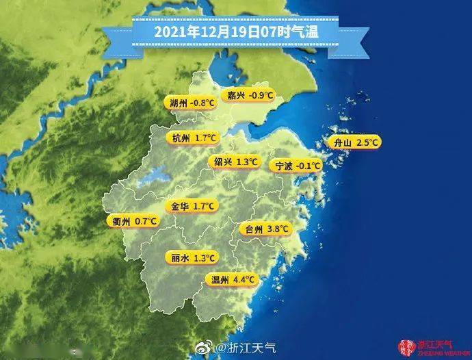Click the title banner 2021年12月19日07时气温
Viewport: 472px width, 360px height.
pos(236,31)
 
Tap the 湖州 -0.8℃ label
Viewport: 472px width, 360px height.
pos(192,103)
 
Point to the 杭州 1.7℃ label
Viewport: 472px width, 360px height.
pos(194,138)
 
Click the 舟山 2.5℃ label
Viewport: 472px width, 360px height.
pos(354,142)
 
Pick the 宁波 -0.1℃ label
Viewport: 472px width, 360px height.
pos(298,166)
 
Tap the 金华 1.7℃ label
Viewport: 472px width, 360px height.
pos(194,205)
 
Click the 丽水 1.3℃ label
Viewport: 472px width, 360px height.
pos(192,258)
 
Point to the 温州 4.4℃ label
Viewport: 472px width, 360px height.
pos(233,279)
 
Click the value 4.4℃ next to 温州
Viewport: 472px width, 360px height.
pos(244,279)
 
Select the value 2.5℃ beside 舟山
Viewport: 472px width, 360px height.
pos(366,142)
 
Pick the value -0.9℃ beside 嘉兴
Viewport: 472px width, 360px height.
pos(263,95)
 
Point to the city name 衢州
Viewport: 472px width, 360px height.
pos(122,221)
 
